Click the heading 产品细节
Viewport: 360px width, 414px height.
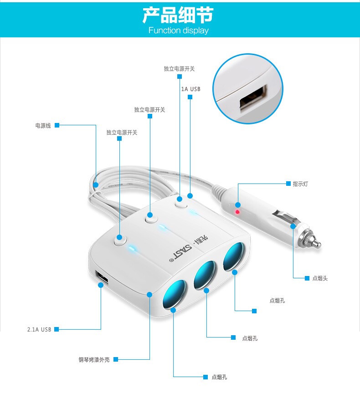coord(178,15)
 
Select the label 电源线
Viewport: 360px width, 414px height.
coord(43,125)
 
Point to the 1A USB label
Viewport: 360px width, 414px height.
coord(190,89)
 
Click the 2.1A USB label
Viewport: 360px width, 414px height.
coord(39,329)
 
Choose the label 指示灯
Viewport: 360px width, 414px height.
coord(300,184)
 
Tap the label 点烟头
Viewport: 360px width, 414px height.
coord(320,278)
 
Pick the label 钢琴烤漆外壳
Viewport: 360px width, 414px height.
coord(94,360)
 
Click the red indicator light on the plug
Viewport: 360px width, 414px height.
coord(237,212)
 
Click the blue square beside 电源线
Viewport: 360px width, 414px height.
coord(57,125)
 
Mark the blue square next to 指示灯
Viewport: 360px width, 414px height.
coord(288,184)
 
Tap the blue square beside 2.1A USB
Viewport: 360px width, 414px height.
coord(56,329)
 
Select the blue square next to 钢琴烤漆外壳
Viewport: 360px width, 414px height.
coord(116,359)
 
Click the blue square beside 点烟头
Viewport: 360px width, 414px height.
coord(307,278)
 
